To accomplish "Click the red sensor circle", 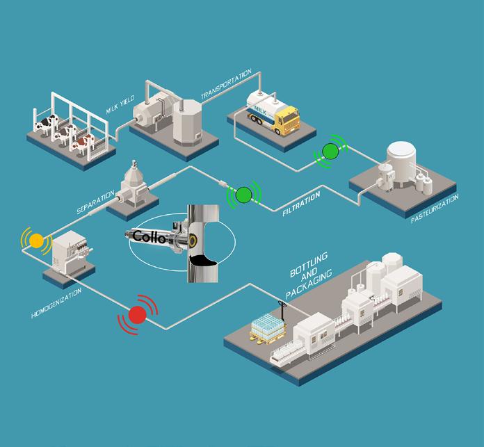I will point(138,314).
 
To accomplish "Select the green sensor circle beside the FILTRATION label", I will point(243,195).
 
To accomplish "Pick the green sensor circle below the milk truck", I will point(330,151).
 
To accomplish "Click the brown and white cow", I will point(83,143).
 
